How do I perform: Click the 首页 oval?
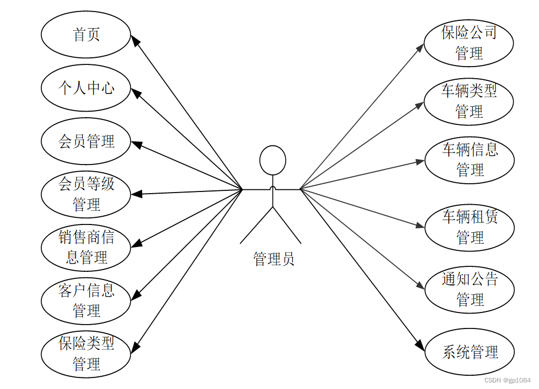click(86, 35)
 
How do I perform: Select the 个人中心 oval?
click(86, 88)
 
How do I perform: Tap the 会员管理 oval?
click(86, 141)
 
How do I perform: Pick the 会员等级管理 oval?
click(86, 194)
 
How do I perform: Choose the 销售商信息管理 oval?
click(86, 247)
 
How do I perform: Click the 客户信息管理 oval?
click(86, 300)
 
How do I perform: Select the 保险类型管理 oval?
click(86, 354)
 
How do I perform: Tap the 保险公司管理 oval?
click(469, 43)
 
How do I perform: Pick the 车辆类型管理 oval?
click(469, 101)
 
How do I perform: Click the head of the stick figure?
click(273, 160)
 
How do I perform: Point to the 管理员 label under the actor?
click(274, 259)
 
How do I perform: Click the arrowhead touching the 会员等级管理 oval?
click(135, 194)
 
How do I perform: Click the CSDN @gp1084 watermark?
click(507, 380)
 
